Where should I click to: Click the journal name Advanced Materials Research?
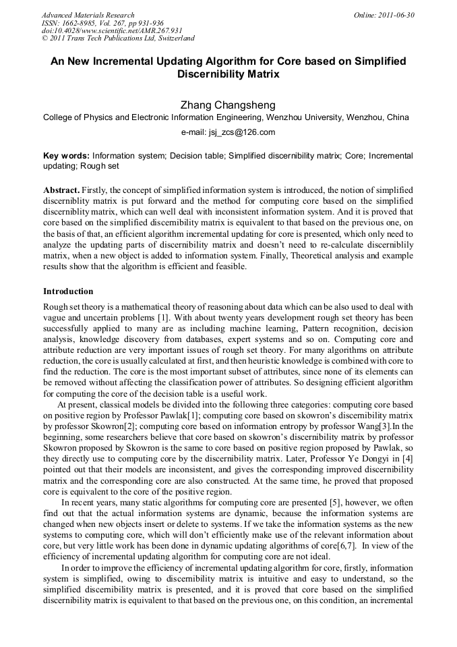tap(88, 15)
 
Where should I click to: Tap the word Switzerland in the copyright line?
tap(172, 39)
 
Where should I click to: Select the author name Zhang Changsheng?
tap(228, 105)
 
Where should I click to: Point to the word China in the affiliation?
tap(398, 117)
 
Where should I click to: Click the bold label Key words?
tap(66, 156)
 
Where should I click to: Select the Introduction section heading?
tap(68, 291)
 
